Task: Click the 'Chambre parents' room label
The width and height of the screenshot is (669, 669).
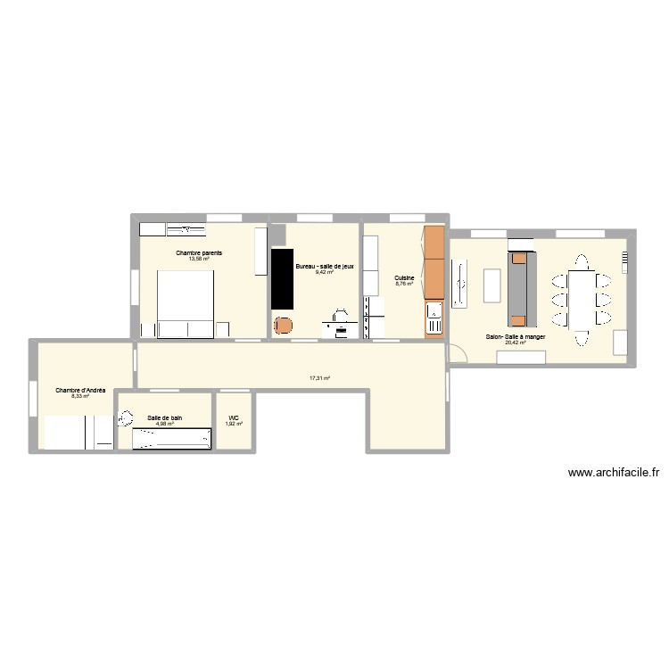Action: pyautogui.click(x=199, y=253)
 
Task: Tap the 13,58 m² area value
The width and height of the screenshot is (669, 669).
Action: pyautogui.click(x=199, y=260)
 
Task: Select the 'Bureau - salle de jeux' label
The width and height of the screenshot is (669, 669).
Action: pyautogui.click(x=326, y=266)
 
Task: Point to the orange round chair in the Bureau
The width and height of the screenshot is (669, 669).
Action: pyautogui.click(x=284, y=326)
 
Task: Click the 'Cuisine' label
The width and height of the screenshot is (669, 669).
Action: pyautogui.click(x=404, y=277)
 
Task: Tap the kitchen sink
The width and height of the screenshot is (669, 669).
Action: pyautogui.click(x=434, y=311)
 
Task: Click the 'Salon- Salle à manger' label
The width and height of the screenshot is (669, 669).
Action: pyautogui.click(x=516, y=337)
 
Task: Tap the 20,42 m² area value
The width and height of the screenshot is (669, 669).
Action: pyautogui.click(x=516, y=343)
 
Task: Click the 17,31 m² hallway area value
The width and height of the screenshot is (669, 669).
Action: pyautogui.click(x=320, y=378)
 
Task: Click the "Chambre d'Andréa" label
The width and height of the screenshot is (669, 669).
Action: pyautogui.click(x=80, y=390)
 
